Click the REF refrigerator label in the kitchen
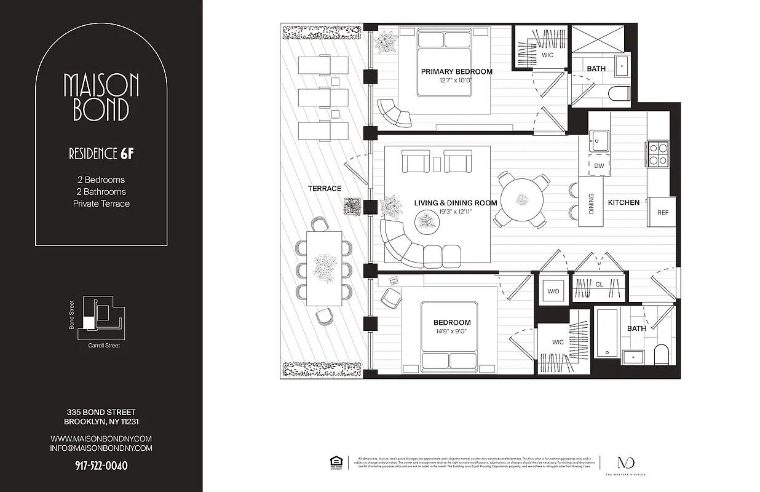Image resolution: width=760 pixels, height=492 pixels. [662, 213]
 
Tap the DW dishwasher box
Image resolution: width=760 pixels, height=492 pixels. [598, 166]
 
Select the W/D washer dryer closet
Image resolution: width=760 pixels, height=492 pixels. [553, 291]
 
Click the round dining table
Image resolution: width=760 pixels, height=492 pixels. [522, 200]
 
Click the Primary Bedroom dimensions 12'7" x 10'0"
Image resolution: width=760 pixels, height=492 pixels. [456, 80]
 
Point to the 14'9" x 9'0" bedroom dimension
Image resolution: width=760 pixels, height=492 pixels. [452, 331]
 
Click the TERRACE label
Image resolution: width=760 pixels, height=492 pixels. [325, 188]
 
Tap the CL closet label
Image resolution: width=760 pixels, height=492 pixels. [599, 285]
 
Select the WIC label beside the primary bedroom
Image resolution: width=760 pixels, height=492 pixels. [547, 55]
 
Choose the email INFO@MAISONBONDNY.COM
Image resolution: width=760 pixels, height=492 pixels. [101, 448]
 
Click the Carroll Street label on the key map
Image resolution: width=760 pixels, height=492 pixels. [104, 346]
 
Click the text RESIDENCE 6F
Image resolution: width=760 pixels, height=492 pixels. [101, 154]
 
